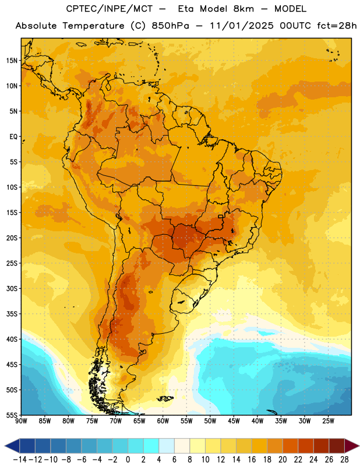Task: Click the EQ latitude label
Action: pyautogui.click(x=13, y=137)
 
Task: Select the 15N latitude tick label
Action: pyautogui.click(x=12, y=61)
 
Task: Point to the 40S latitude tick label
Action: pyautogui.click(x=12, y=339)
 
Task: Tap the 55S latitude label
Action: pyautogui.click(x=12, y=415)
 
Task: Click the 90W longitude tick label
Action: pyautogui.click(x=21, y=421)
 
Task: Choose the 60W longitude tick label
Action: pyautogui.click(x=163, y=421)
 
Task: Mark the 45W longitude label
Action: pyautogui.click(x=234, y=421)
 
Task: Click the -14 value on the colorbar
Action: pyautogui.click(x=20, y=460)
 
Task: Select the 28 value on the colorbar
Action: pyautogui.click(x=344, y=460)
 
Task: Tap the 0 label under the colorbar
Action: pyautogui.click(x=128, y=460)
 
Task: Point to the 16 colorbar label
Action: pyautogui.click(x=252, y=460)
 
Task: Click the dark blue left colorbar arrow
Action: pyautogui.click(x=12, y=446)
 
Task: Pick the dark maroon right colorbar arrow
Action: pyautogui.click(x=352, y=446)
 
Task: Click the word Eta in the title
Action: pyautogui.click(x=186, y=9)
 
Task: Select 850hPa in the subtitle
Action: pyautogui.click(x=170, y=26)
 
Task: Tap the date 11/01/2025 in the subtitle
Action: pyautogui.click(x=242, y=26)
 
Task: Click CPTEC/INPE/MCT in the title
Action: pyautogui.click(x=110, y=9)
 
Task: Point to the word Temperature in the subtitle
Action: pyautogui.click(x=93, y=26)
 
